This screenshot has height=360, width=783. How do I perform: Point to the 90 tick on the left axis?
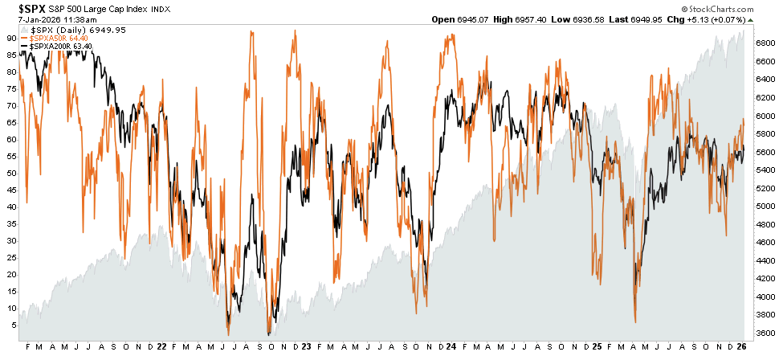(x=13, y=37)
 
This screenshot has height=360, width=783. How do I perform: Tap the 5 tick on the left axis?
(x=15, y=325)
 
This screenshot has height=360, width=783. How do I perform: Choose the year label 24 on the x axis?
(x=452, y=347)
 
